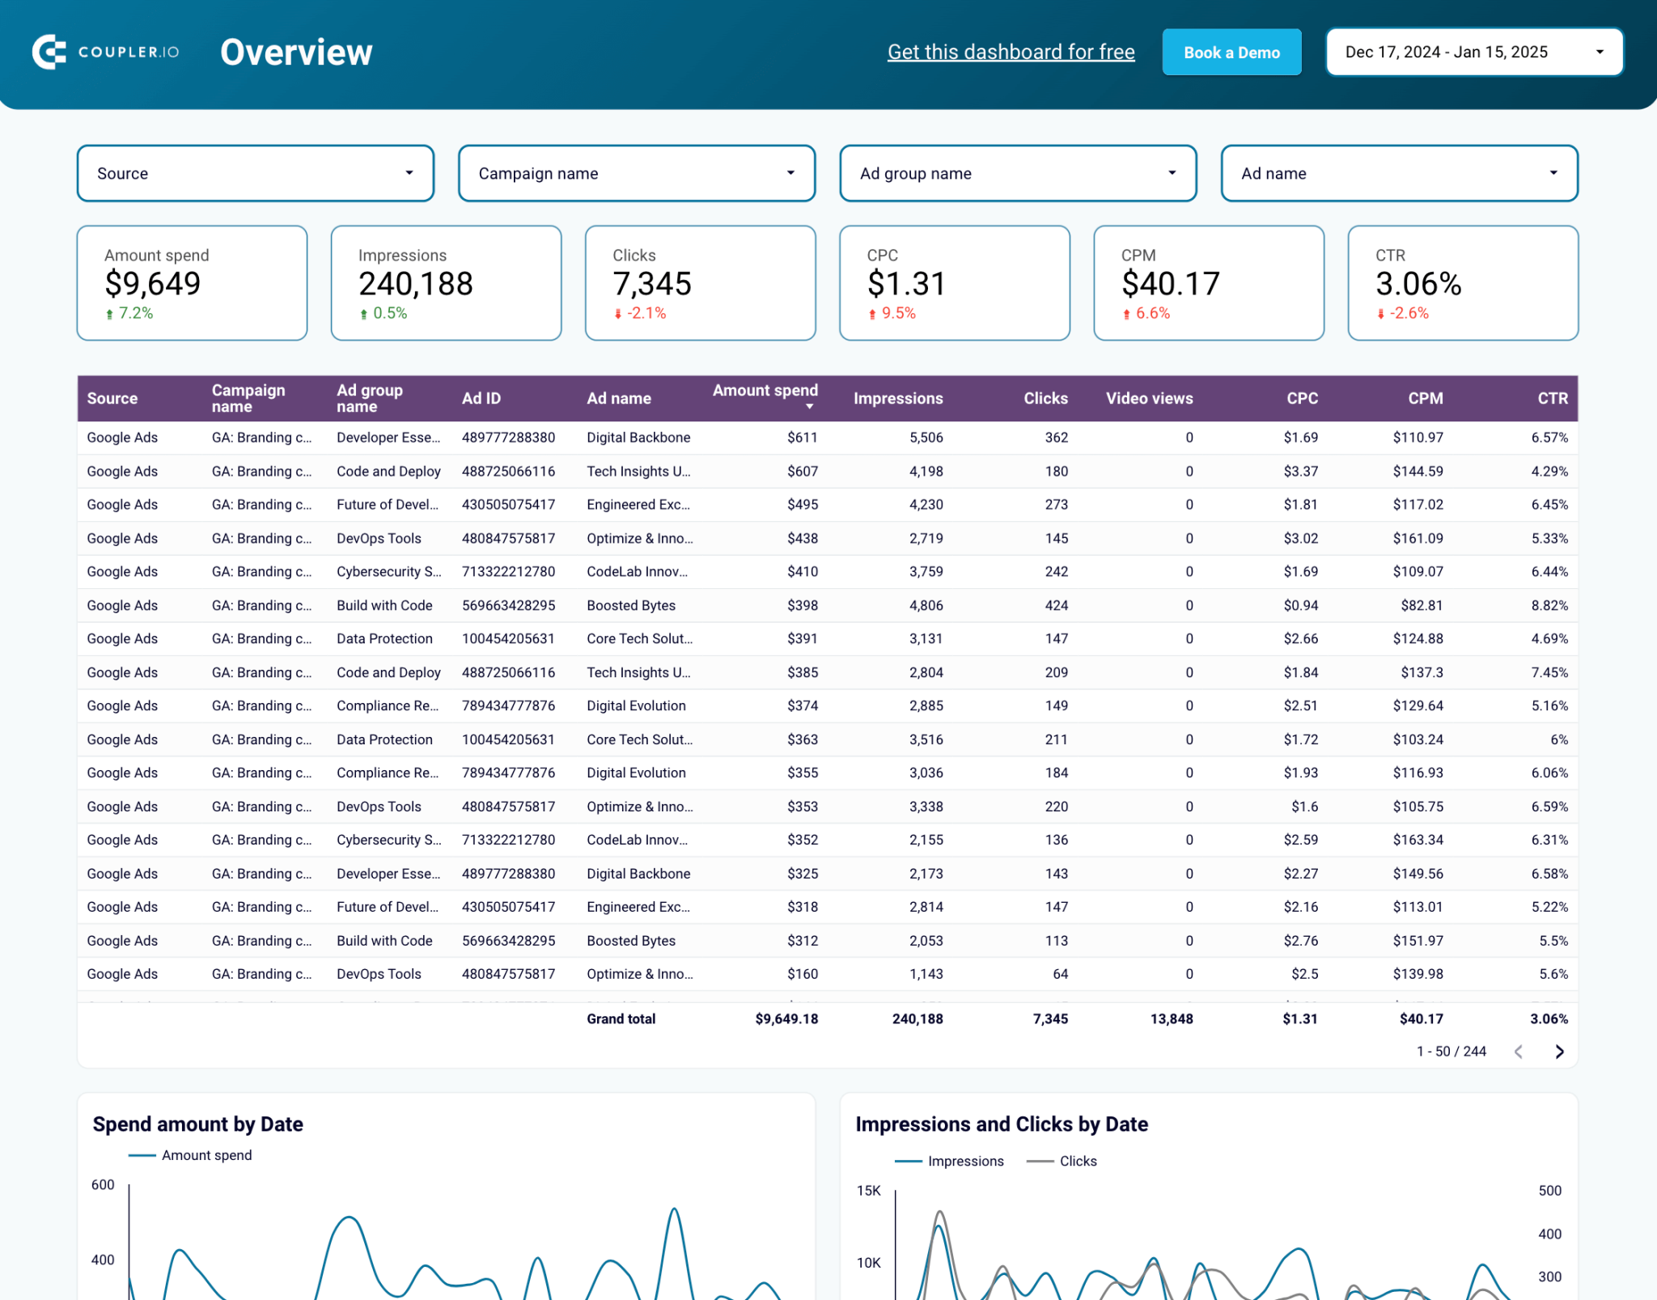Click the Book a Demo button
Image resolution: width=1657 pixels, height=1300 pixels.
point(1231,53)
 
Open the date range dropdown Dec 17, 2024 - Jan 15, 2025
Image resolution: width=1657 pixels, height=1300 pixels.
point(1473,53)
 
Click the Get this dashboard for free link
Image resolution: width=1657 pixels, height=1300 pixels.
point(1011,53)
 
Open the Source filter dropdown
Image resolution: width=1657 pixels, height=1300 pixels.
point(255,173)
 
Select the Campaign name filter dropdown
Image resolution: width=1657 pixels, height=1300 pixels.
point(636,173)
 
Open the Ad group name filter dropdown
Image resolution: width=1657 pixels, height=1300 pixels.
point(1017,173)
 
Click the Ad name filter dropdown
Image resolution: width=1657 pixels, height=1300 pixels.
point(1398,173)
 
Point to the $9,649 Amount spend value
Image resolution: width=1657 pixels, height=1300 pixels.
point(153,284)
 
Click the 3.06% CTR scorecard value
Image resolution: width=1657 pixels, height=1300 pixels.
point(1418,284)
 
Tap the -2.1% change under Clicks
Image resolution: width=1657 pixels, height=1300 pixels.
point(646,313)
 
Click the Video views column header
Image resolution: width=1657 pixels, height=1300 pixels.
point(1148,398)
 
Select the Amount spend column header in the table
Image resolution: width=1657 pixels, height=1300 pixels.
point(765,391)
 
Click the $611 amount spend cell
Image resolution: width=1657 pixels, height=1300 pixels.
point(802,438)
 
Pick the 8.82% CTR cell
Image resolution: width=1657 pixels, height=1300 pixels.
point(1549,605)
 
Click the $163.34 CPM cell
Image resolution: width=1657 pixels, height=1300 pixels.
point(1418,840)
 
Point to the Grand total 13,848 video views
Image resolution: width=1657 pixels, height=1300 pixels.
point(1171,1018)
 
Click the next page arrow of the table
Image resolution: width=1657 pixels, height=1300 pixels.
point(1559,1051)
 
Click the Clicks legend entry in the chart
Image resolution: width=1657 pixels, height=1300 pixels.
point(1077,1161)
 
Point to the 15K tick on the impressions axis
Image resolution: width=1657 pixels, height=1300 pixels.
point(868,1190)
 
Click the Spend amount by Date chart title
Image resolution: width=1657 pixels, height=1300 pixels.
point(197,1124)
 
